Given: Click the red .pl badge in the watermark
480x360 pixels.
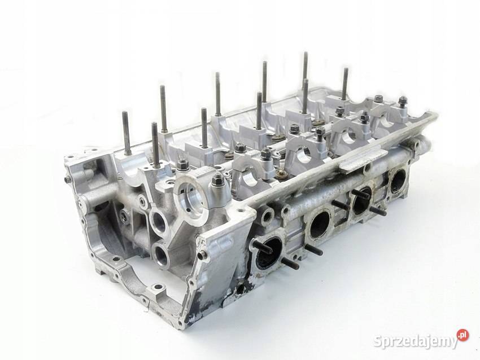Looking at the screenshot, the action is click(x=462, y=335).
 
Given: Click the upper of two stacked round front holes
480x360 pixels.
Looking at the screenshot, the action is click(x=159, y=220).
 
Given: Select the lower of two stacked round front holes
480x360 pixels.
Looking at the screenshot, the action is click(x=162, y=256).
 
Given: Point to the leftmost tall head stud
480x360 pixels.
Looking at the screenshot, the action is click(x=126, y=133).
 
